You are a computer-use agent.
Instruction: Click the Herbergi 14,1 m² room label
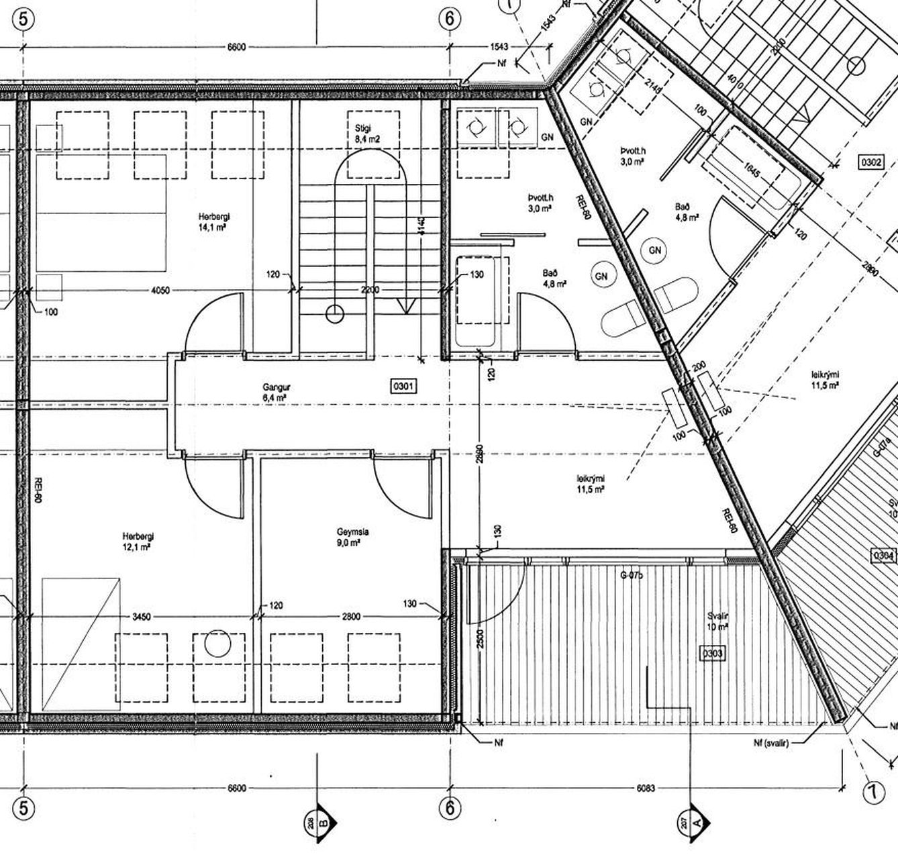tap(211, 222)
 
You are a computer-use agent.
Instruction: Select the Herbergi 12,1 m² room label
tap(136, 542)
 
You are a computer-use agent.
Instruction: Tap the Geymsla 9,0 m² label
tap(352, 537)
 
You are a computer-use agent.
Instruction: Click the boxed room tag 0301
tap(403, 385)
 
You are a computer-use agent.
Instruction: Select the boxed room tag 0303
tap(712, 652)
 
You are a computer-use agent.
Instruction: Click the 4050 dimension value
tap(160, 291)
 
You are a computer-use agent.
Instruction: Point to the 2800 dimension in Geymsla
tap(351, 617)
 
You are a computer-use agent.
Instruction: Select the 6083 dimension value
tap(646, 788)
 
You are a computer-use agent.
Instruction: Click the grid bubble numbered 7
tap(874, 793)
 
